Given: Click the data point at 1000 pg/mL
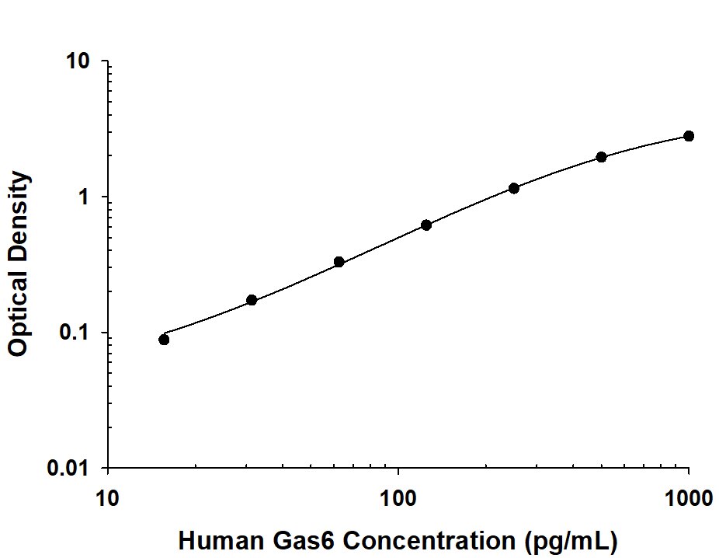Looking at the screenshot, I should pyautogui.click(x=689, y=136).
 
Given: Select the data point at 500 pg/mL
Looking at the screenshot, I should pyautogui.click(x=602, y=157).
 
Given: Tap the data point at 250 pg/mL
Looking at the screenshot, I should pyautogui.click(x=514, y=188).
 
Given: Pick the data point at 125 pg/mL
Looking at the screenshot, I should pyautogui.click(x=426, y=225).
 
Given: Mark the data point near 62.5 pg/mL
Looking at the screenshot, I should pyautogui.click(x=339, y=262).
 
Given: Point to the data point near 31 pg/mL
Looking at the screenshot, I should pyautogui.click(x=252, y=300).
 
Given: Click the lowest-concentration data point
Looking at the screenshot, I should pyautogui.click(x=164, y=340).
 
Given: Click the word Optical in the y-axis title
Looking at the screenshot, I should pyautogui.click(x=19, y=314).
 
